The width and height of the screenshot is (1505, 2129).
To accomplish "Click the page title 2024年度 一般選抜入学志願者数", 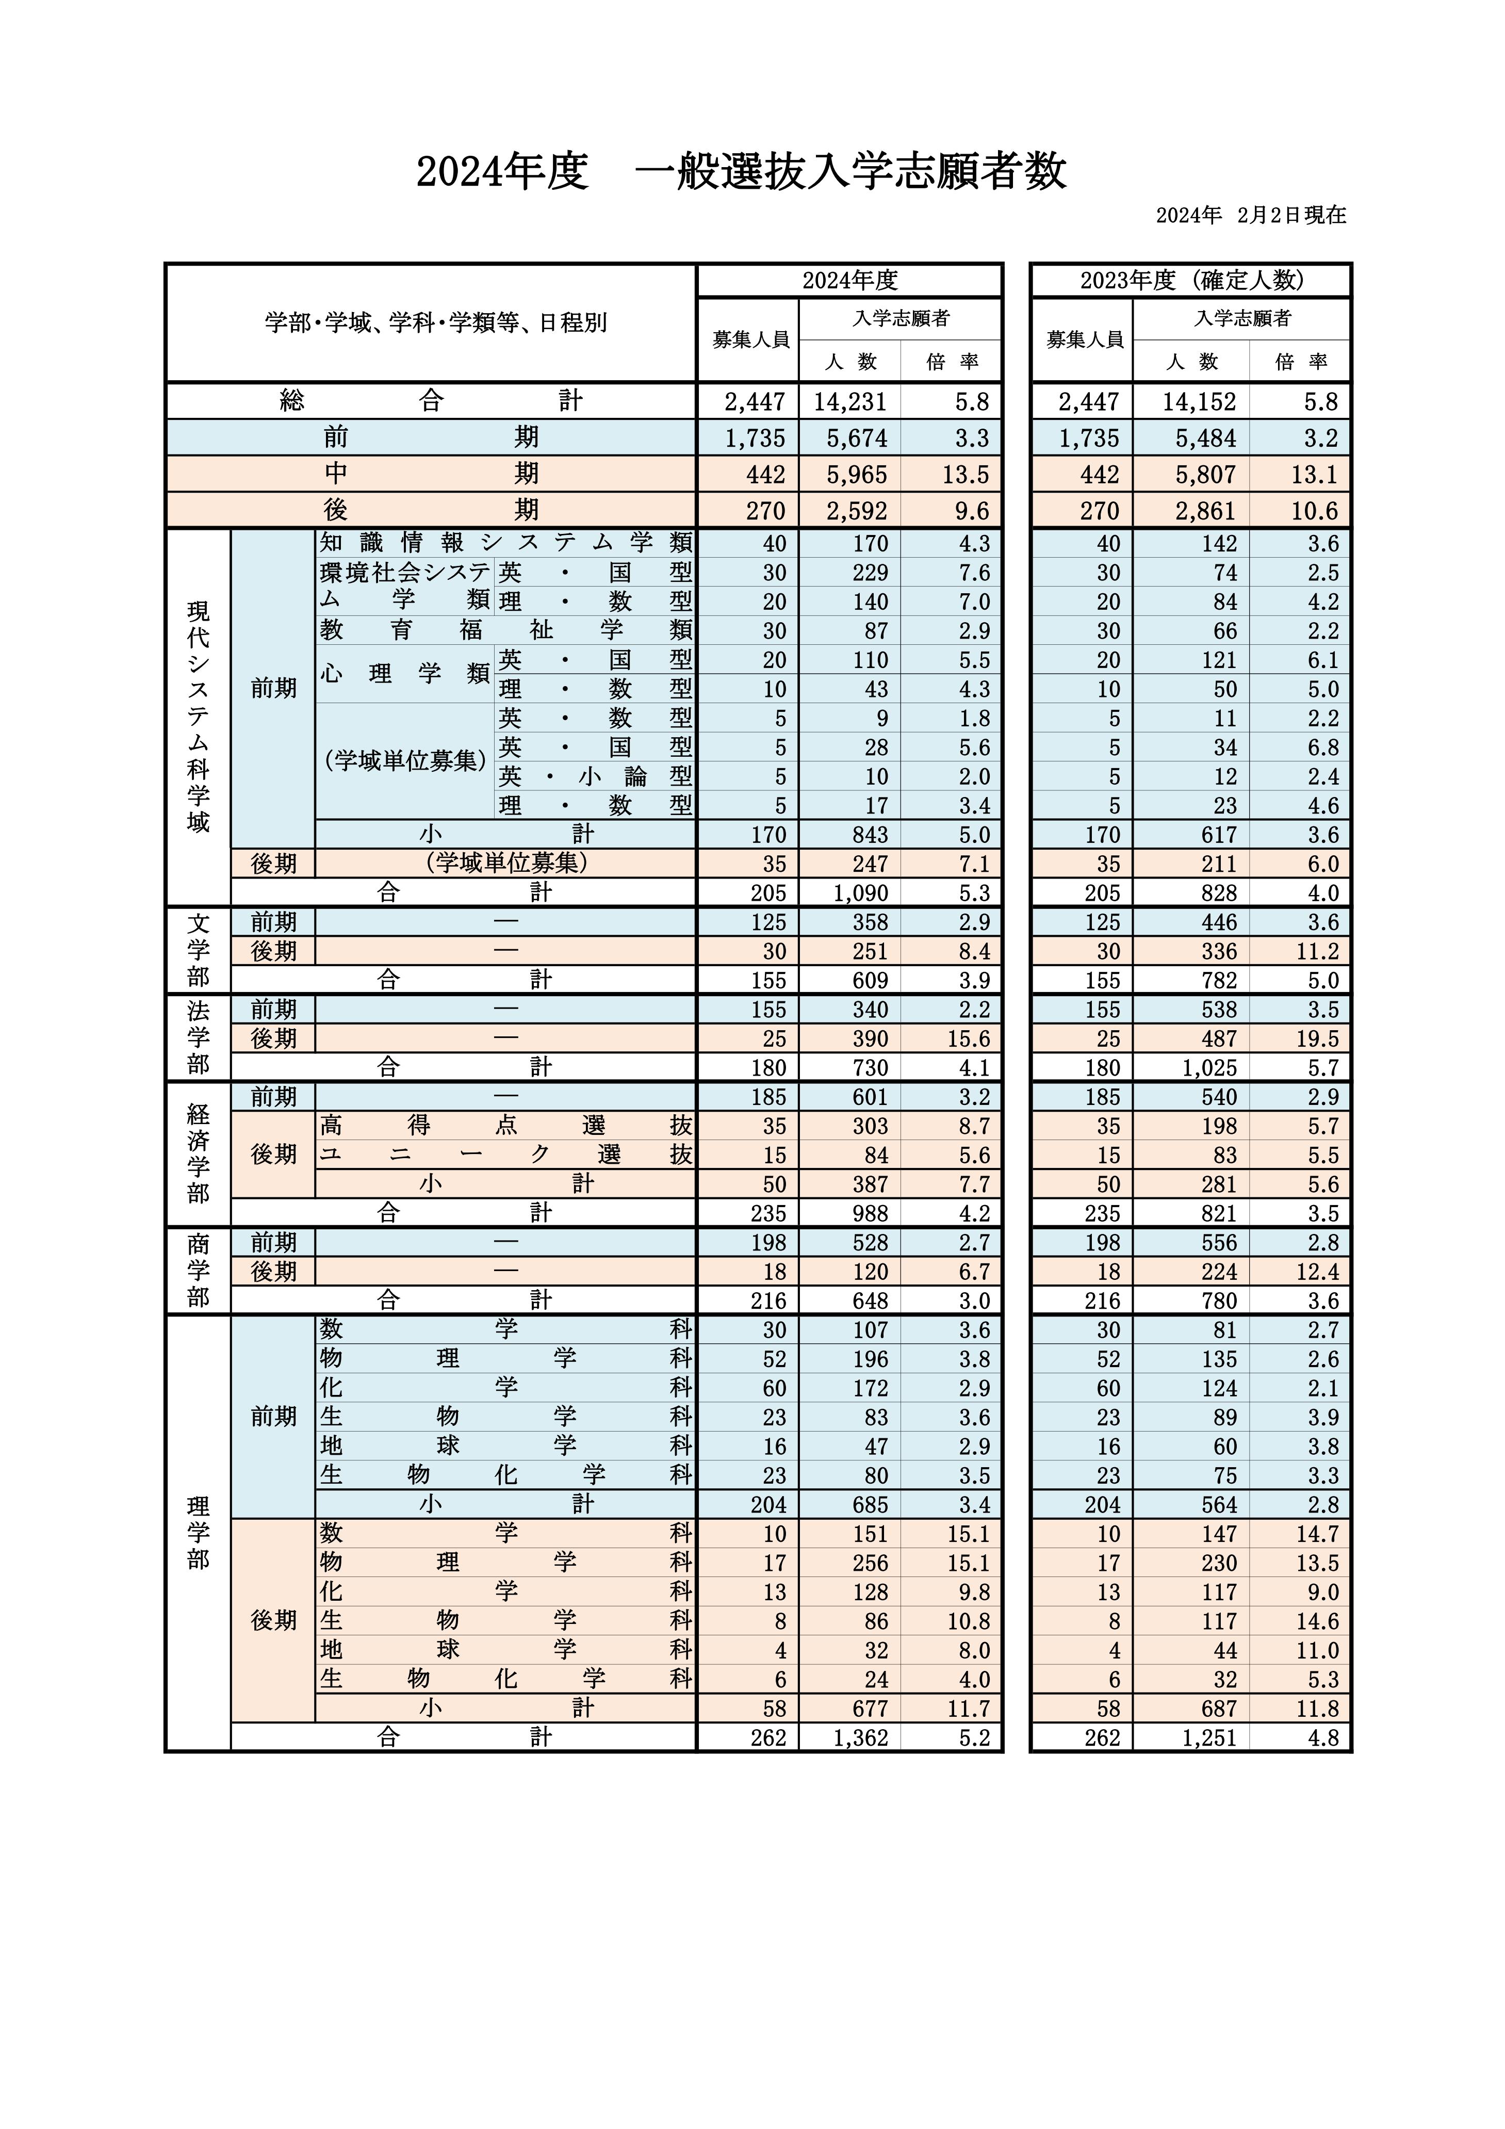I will pyautogui.click(x=741, y=172).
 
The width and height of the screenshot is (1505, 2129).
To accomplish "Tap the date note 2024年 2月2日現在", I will pyautogui.click(x=1250, y=215).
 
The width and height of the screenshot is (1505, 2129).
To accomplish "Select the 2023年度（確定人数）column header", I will pyautogui.click(x=1191, y=280).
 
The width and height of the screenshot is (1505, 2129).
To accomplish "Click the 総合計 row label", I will pyautogui.click(x=430, y=401).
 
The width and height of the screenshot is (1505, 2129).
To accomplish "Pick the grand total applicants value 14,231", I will pyautogui.click(x=850, y=401).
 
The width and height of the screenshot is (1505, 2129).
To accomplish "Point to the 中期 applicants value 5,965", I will pyautogui.click(x=850, y=475).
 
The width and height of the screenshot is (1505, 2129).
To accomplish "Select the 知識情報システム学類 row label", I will pyautogui.click(x=505, y=543).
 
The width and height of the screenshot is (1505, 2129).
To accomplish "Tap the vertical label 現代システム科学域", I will pyautogui.click(x=199, y=716).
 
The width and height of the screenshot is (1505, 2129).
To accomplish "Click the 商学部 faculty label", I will pyautogui.click(x=199, y=1271).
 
